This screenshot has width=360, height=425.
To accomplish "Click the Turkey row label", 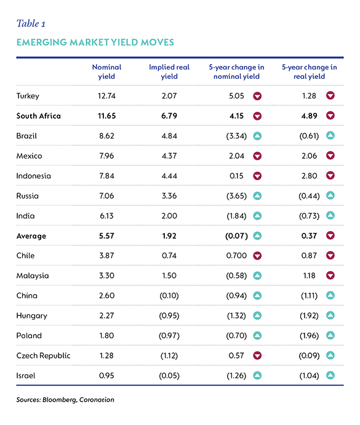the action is (28, 96).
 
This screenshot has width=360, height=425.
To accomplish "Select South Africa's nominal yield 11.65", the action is (106, 116).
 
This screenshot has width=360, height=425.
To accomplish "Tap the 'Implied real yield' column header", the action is (169, 71).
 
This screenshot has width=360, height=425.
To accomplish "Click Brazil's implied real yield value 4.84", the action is (169, 136).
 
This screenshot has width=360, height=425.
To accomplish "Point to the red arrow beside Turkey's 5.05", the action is (257, 96).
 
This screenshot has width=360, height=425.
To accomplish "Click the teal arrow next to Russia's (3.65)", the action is (257, 196).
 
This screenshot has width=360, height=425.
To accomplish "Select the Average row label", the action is (31, 236).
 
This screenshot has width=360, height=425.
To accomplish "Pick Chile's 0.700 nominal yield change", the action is (236, 256).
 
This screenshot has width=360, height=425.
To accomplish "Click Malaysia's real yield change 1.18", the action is (309, 276).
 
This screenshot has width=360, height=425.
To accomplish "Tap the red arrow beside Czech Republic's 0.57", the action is (257, 355).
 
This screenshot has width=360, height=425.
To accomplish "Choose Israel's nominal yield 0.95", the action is (106, 376).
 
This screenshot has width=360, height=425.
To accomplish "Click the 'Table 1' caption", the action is (31, 23).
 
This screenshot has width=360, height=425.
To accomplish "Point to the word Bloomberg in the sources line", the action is (60, 400).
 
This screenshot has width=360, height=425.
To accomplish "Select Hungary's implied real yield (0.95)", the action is (169, 316).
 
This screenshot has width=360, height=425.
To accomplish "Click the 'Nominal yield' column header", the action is (106, 71).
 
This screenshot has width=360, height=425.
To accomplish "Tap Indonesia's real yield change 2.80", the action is (309, 176).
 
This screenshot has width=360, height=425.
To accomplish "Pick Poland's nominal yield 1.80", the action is (106, 336).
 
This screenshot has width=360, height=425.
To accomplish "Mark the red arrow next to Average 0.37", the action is (330, 236).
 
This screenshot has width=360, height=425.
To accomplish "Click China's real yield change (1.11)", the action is (309, 295).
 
